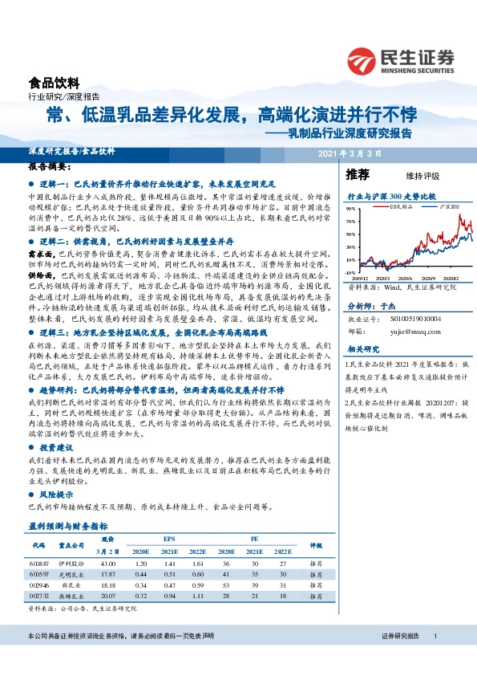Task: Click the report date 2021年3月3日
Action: coord(344,152)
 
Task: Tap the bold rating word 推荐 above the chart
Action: coord(357,173)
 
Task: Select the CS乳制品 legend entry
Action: coord(397,206)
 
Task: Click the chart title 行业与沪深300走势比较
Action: coord(390,195)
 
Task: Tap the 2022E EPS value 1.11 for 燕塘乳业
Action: coord(198,597)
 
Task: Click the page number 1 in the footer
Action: coord(435,658)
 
